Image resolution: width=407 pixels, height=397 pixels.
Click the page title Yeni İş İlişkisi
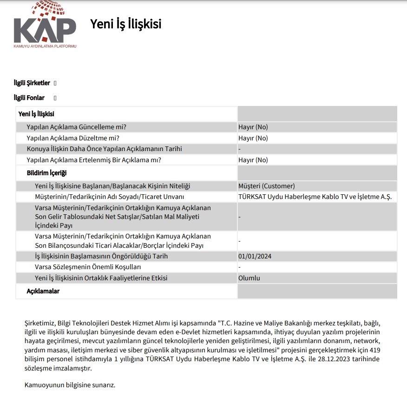(x=126, y=24)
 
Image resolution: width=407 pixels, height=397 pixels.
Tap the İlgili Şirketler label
(x=32, y=83)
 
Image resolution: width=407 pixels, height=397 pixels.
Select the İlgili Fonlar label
(x=29, y=98)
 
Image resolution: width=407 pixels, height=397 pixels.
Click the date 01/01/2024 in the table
(x=255, y=256)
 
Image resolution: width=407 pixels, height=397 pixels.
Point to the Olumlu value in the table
(x=249, y=278)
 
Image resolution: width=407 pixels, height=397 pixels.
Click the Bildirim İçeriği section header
(x=47, y=173)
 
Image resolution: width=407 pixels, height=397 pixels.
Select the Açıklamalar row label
(x=43, y=291)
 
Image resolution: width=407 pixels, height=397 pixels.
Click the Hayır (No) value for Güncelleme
(x=253, y=127)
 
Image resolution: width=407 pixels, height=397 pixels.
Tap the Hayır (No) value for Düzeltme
(x=253, y=138)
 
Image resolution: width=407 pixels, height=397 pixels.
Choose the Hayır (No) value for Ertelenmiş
(x=253, y=160)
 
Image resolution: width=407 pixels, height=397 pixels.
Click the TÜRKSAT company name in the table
(x=315, y=197)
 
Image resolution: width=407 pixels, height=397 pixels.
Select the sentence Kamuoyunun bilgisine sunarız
(x=69, y=385)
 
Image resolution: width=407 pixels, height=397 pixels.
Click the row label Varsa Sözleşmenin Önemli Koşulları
(x=88, y=267)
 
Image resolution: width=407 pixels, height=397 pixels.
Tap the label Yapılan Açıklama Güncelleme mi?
(x=77, y=127)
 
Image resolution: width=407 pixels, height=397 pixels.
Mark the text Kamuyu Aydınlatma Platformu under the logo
(x=45, y=46)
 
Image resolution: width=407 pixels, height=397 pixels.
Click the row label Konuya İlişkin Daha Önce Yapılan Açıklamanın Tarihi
(x=104, y=149)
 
